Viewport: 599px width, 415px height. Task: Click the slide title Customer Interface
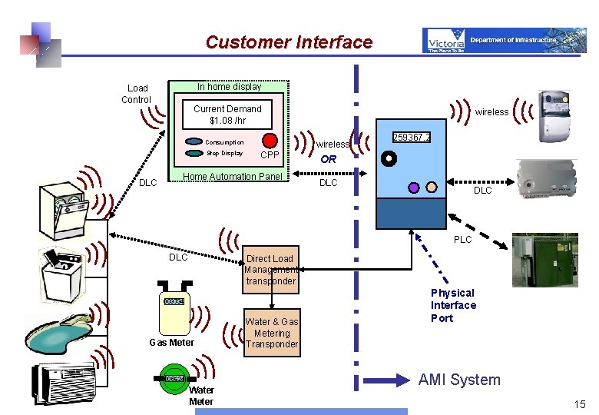coord(289,42)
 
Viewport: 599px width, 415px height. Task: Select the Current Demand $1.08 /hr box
coord(227,115)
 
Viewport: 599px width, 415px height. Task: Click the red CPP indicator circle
coord(270,141)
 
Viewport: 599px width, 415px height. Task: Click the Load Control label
coord(137,94)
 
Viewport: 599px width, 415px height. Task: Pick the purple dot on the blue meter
coord(413,187)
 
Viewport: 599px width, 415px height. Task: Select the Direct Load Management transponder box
coord(270,270)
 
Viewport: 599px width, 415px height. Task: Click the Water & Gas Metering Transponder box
coord(272,334)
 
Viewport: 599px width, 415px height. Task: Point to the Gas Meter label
coord(171,343)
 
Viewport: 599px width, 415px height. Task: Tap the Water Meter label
coord(201,396)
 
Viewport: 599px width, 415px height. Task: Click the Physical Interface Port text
coord(453,305)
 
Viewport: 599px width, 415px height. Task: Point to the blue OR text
coord(329,160)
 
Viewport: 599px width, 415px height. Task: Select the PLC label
coord(463,240)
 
